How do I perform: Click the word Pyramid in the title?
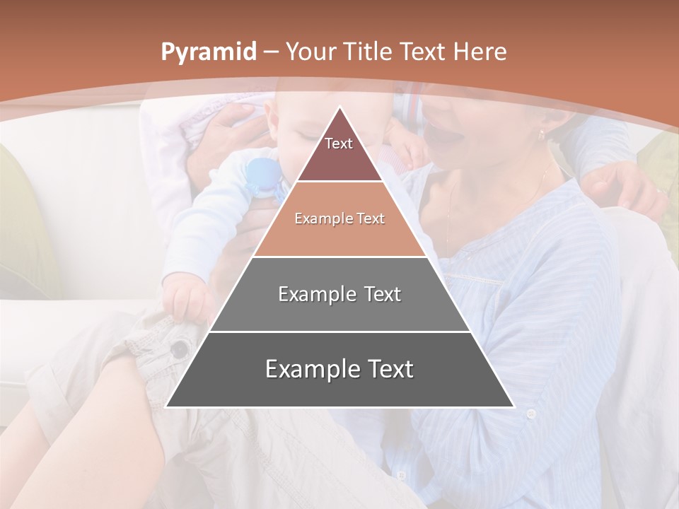208,52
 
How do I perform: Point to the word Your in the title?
312,52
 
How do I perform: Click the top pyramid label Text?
339,144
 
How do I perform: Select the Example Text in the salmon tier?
339,219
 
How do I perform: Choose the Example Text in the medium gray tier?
339,294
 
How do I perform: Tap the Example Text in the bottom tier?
339,369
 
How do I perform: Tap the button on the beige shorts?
180,348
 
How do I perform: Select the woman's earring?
542,134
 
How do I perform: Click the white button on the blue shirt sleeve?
530,414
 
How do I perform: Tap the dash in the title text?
272,52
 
